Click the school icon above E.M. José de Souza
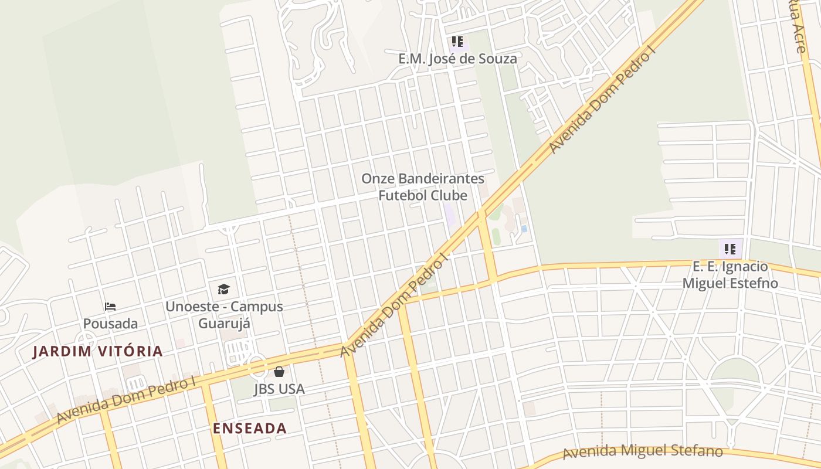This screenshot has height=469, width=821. click(x=457, y=42)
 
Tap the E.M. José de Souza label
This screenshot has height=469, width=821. click(x=457, y=59)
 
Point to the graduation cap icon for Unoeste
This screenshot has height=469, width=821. click(x=223, y=289)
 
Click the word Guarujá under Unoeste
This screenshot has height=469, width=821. click(x=224, y=324)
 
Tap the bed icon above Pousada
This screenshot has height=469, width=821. click(x=110, y=307)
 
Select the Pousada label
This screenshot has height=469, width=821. click(x=110, y=324)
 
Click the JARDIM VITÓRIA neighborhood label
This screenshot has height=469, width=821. click(x=97, y=352)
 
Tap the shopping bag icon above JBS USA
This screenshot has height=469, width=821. click(x=279, y=372)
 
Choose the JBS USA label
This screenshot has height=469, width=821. click(x=279, y=389)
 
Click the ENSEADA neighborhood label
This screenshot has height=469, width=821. click(x=250, y=429)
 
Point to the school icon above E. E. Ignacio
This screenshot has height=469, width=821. click(x=730, y=249)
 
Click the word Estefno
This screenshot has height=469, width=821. click(x=754, y=283)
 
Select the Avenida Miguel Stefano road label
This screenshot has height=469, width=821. click(x=642, y=451)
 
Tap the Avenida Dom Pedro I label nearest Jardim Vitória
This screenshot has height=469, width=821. click(x=126, y=400)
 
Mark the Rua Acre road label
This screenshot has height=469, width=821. click(x=798, y=26)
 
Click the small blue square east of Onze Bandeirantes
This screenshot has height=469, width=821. click(x=524, y=229)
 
